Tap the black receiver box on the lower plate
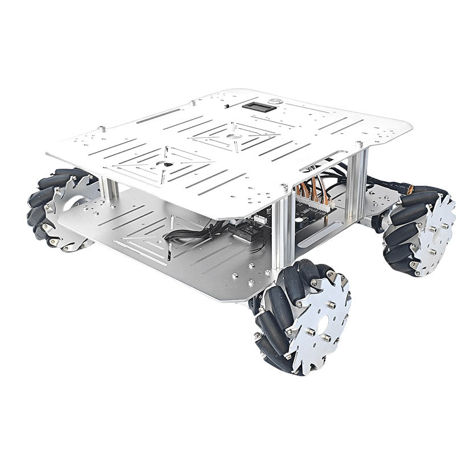[x=242, y=230]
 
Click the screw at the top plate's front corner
[x=284, y=186]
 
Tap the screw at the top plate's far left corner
[x=102, y=129]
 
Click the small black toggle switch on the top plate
[x=227, y=106]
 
